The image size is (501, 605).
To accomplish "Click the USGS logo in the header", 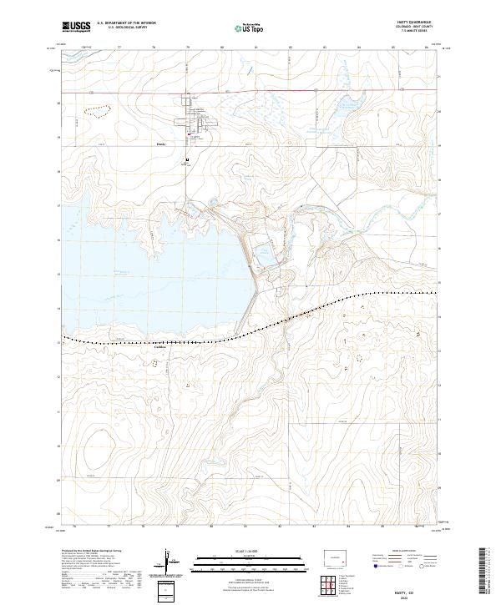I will [x=77, y=28].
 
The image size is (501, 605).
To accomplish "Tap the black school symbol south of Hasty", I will [x=187, y=159].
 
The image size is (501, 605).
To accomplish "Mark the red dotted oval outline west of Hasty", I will [x=97, y=108].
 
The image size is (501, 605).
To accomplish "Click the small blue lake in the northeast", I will [x=346, y=106].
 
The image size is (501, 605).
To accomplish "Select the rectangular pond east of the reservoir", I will [x=264, y=249].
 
